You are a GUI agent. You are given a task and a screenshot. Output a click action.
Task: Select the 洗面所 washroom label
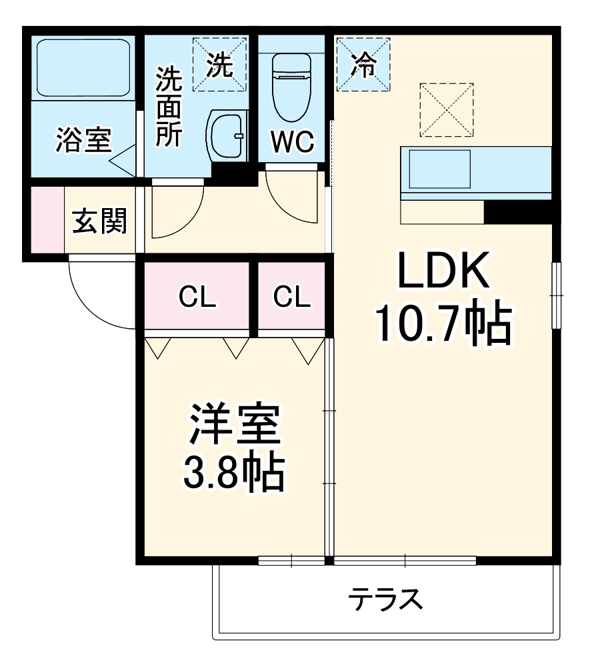pos(168,107)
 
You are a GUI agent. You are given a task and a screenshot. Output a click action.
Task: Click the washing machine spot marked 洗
pos(219,64)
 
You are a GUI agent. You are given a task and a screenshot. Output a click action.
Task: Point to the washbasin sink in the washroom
pos(226,137)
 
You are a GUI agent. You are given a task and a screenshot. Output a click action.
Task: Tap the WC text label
pos(292,141)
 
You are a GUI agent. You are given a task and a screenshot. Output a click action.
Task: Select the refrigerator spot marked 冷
pos(363,65)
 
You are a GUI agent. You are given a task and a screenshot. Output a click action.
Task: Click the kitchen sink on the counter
pos(440,168)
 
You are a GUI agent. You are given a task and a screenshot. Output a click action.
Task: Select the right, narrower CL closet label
pos(292,297)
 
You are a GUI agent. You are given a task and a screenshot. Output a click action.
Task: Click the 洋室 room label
pos(233,427)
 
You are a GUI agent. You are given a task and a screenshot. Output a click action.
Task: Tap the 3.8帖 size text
pos(233,472)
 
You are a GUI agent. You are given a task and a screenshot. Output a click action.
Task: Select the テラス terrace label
pos(385,600)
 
